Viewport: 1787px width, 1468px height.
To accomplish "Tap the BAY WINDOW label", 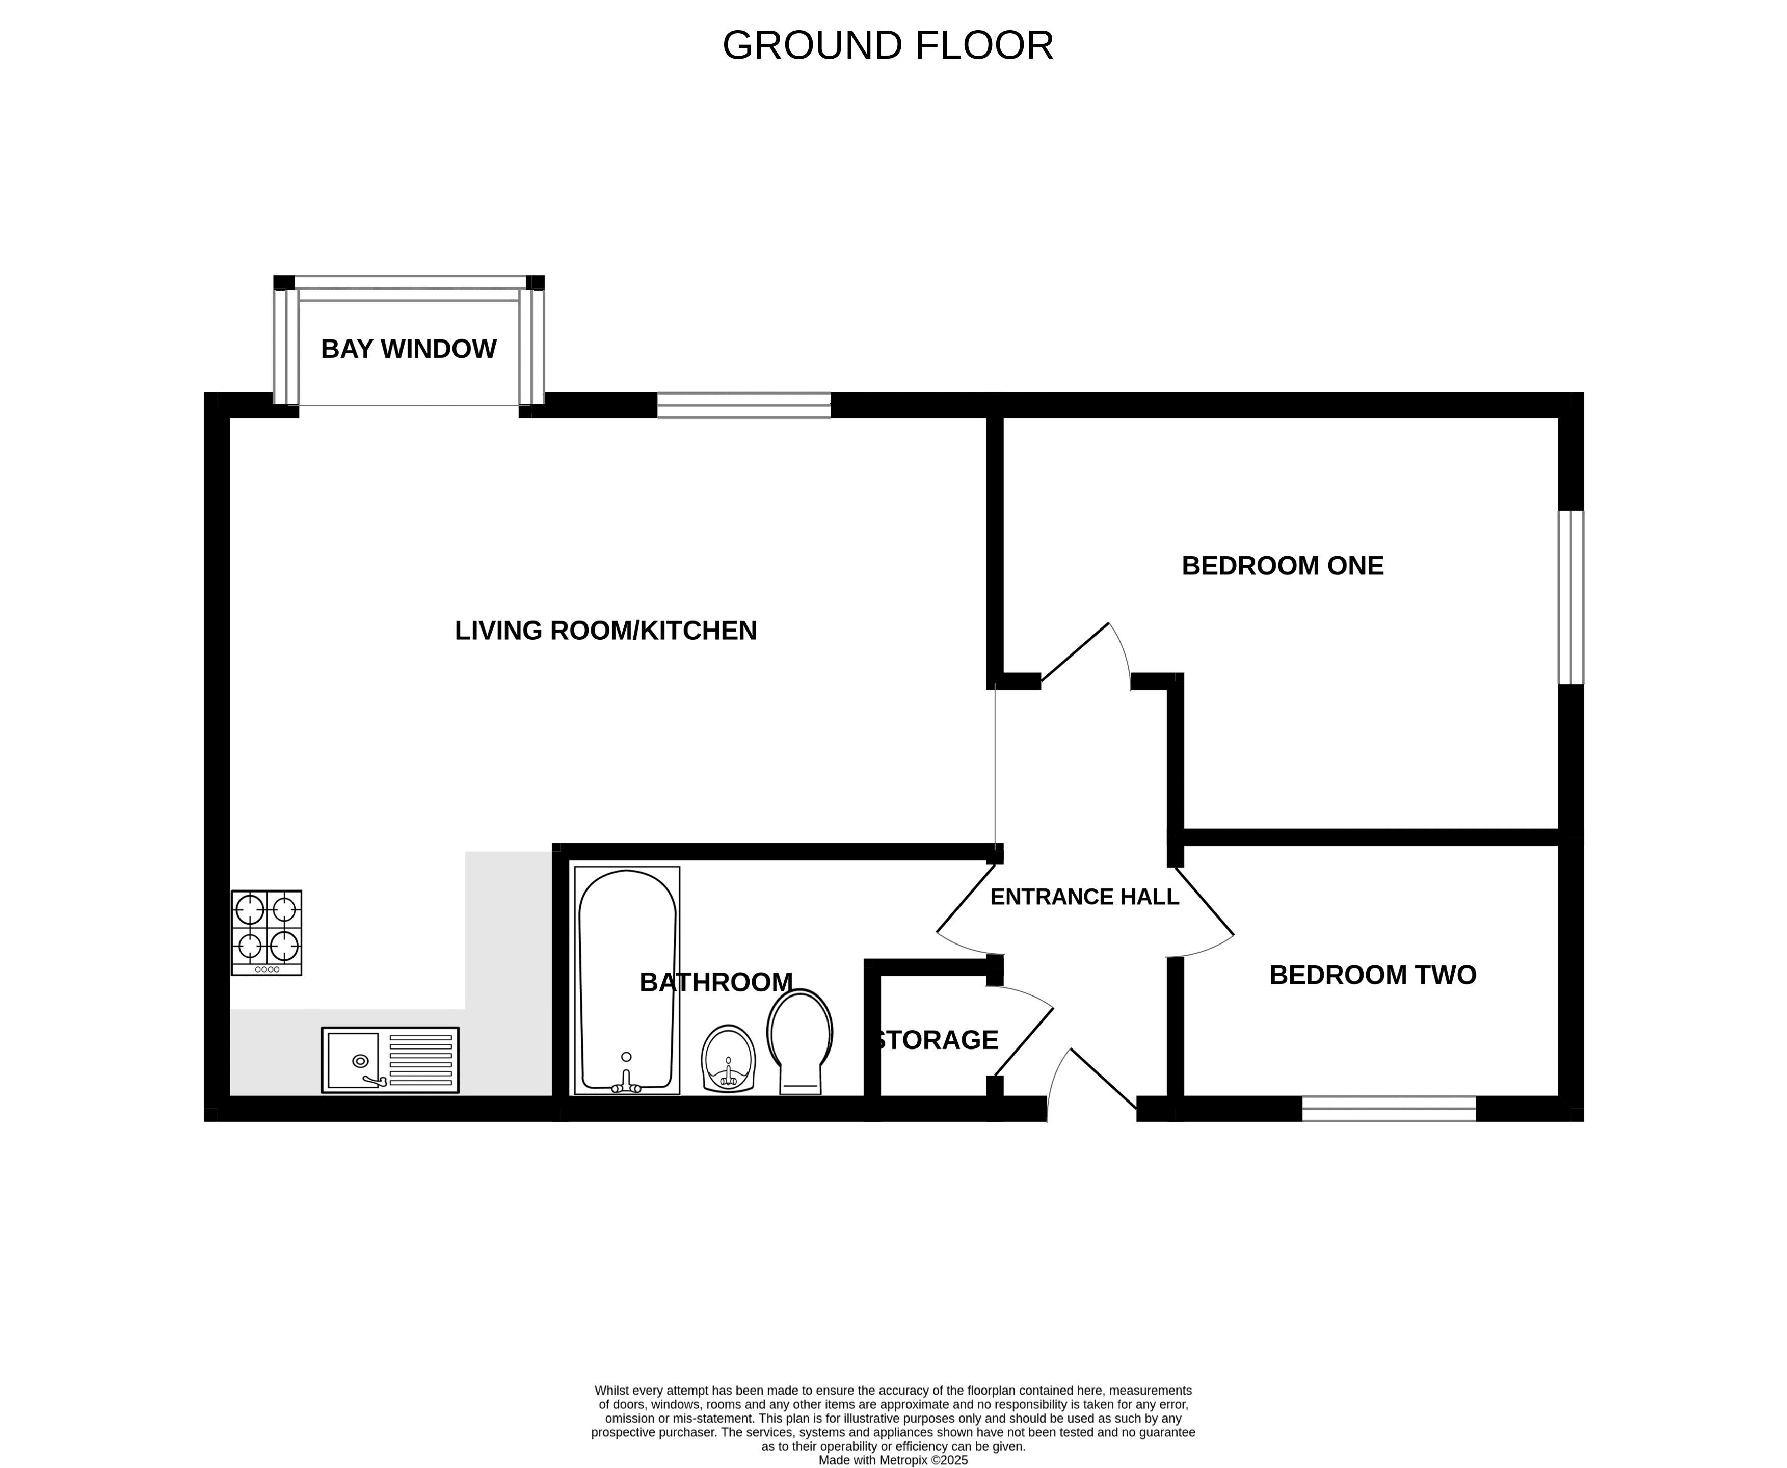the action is pos(408,349).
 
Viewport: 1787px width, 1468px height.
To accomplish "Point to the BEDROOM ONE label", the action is pos(1283,566).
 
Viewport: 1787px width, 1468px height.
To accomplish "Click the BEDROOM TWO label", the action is pos(1373,975).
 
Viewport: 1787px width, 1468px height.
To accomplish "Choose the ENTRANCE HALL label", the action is pos(1084,897).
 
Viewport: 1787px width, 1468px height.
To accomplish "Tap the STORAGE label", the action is pos(937,1040).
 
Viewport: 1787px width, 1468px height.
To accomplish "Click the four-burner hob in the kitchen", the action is pos(266,933).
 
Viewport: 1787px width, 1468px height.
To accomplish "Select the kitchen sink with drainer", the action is pos(390,1060).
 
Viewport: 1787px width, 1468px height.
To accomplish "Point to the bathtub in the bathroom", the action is pos(627,980).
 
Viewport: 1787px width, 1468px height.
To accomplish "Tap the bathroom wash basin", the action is pos(728,1059).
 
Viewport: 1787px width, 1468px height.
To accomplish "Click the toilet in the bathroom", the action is pos(799,1042).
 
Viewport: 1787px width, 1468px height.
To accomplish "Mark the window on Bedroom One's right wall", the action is pos(1570,597).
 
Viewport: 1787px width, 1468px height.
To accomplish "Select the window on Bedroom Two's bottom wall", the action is pos(1389,1109).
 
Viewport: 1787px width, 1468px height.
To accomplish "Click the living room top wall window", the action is pos(744,405).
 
